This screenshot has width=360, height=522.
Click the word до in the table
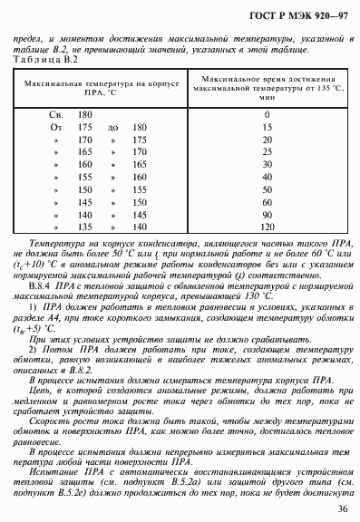coord(112,128)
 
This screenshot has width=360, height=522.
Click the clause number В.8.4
coord(43,285)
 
